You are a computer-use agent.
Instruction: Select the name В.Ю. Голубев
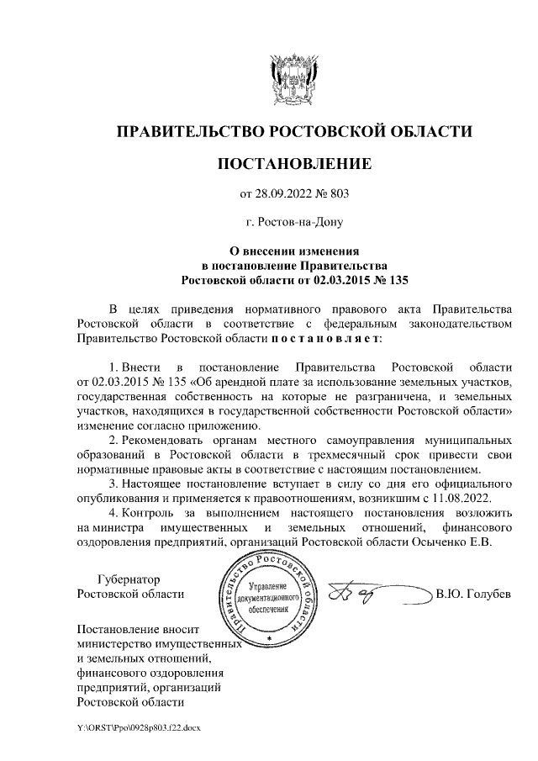(472, 595)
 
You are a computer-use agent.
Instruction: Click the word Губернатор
(129, 579)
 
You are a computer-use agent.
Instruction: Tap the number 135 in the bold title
(395, 278)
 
